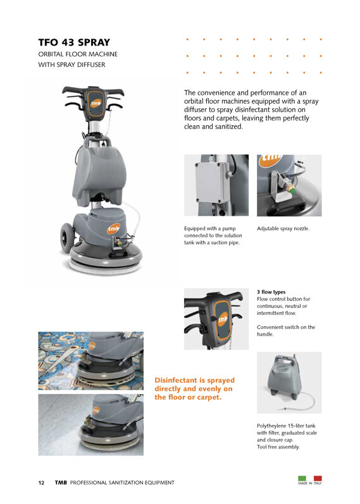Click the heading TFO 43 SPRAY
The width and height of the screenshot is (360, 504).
coord(74,42)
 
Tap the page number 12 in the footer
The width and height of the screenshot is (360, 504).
coord(41,482)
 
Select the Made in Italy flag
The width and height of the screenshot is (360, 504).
coord(310,479)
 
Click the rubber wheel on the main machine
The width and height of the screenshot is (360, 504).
coord(66,237)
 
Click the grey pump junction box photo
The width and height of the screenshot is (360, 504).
coord(216,185)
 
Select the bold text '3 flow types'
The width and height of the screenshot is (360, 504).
coord(271,292)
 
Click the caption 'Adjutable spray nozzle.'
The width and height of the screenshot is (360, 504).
coord(283,228)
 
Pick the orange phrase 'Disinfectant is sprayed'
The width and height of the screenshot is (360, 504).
coord(195,380)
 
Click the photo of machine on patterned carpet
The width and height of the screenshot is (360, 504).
coord(90,361)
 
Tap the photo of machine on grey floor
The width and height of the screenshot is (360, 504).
coord(90,424)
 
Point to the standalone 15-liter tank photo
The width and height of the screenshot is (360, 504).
coord(289,383)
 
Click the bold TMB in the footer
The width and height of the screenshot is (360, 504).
coord(61,482)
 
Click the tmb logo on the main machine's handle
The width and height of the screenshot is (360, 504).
coord(96,103)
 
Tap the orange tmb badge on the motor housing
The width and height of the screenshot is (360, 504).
coord(113,228)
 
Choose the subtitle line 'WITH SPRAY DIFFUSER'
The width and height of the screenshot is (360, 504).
coord(71,65)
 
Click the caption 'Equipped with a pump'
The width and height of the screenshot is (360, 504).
coord(210,228)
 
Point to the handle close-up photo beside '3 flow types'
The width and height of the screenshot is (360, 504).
coord(216,319)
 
